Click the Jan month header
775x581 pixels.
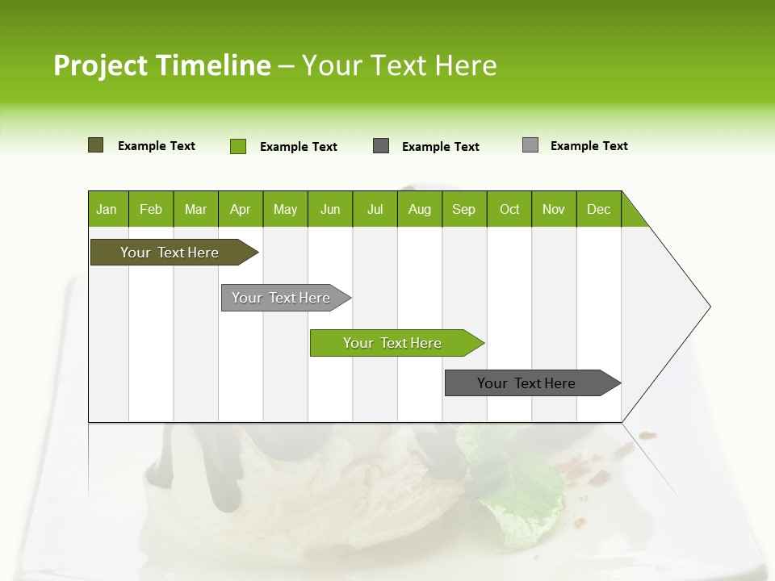click(107, 209)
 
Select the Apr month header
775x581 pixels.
click(240, 209)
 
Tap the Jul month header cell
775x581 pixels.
click(375, 209)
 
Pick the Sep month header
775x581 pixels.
click(463, 209)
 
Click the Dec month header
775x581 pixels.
click(598, 209)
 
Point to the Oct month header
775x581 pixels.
click(509, 209)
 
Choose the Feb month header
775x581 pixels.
click(151, 209)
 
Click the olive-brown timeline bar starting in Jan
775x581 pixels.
click(170, 253)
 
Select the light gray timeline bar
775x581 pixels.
click(282, 298)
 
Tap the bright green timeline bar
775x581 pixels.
click(393, 343)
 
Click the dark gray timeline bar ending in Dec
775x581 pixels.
click(527, 383)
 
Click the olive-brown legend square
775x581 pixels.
click(95, 145)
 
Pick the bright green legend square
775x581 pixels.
click(237, 146)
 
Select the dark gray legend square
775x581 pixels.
click(381, 146)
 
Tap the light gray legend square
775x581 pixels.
click(530, 145)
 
